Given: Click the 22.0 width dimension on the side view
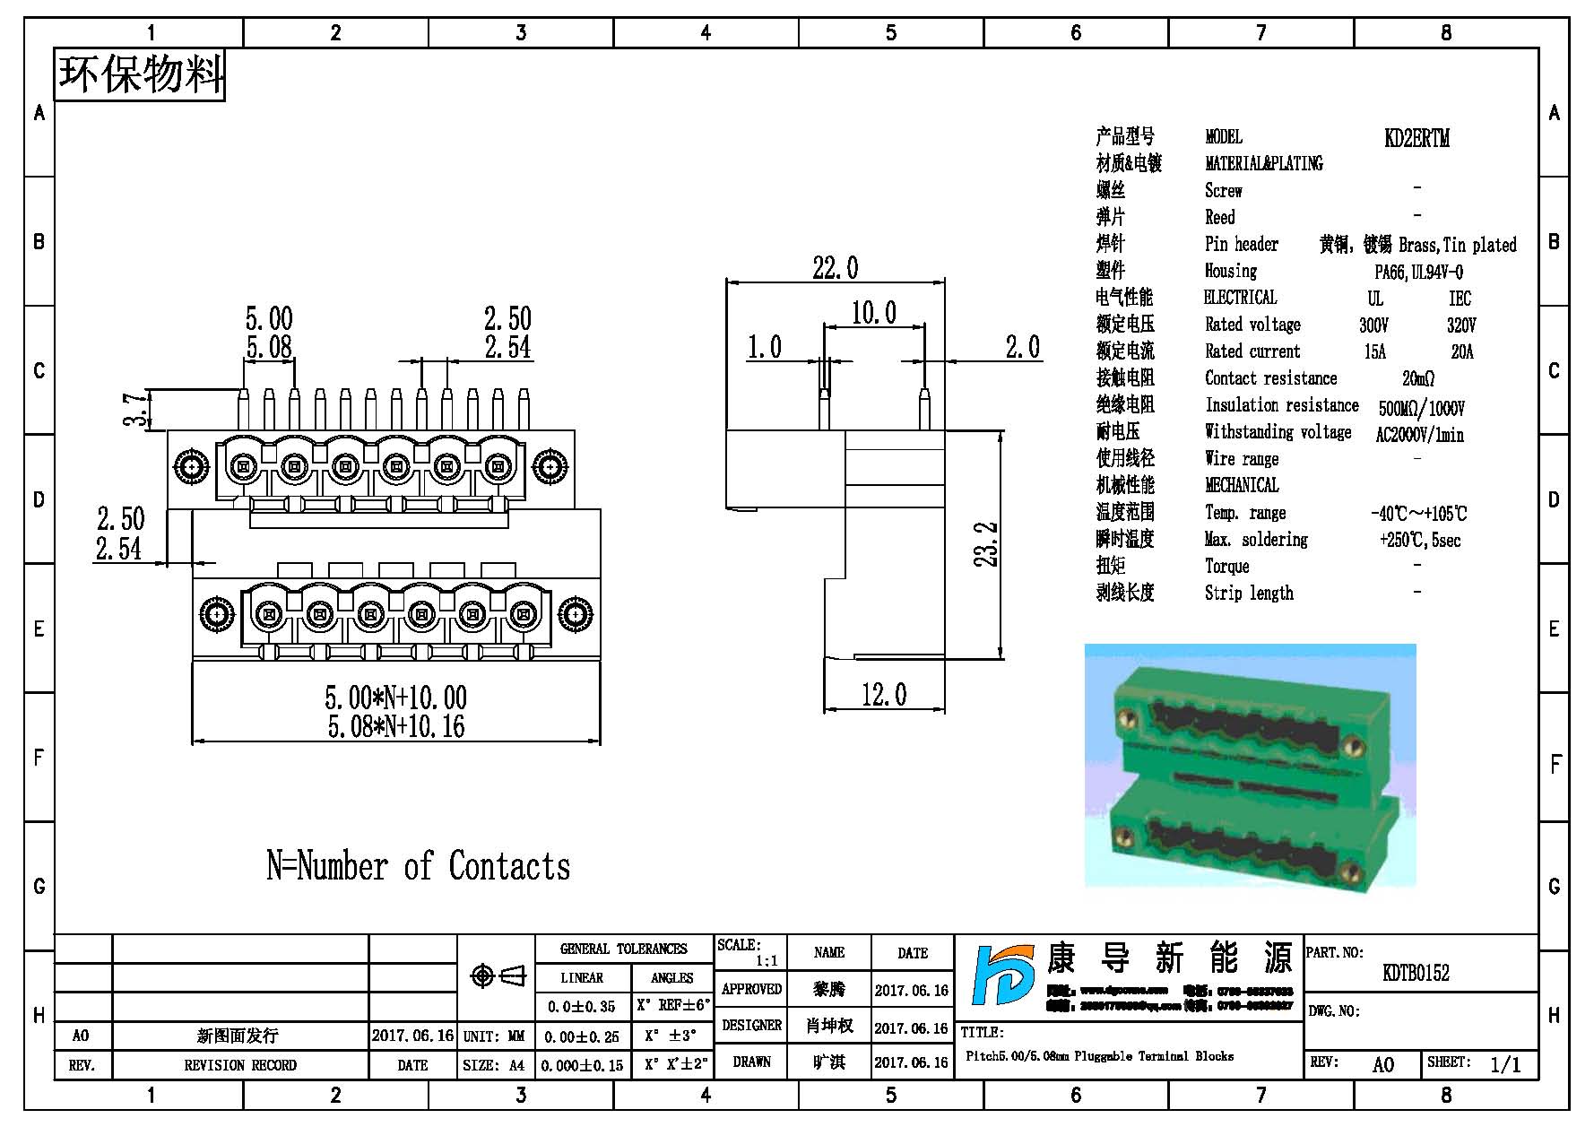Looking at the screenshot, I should point(835,267).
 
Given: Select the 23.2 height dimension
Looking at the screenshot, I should point(986,544).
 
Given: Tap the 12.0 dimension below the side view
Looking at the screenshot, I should point(883,694).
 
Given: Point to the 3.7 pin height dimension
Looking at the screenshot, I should point(134,409).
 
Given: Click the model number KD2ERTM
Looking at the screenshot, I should point(1416,138).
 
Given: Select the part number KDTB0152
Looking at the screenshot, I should point(1416,973).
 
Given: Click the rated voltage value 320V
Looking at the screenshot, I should point(1460,325).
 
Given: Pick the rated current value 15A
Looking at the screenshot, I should point(1374,352).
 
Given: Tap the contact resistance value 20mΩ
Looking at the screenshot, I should point(1418,379).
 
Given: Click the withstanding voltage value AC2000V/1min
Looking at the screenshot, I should point(1419,435).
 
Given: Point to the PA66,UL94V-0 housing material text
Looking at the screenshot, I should point(1418,272).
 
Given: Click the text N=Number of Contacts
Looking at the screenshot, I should point(418,866).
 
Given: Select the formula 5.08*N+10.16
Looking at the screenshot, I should point(396,726).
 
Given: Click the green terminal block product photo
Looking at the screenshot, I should point(1250,766).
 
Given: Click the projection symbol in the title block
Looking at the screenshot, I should point(498,975).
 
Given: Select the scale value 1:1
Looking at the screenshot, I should point(766,961).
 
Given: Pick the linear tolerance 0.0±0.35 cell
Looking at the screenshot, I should point(581,1007).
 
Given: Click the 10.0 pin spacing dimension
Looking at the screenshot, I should point(873,313).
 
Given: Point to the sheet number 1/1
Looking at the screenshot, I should point(1504,1064).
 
